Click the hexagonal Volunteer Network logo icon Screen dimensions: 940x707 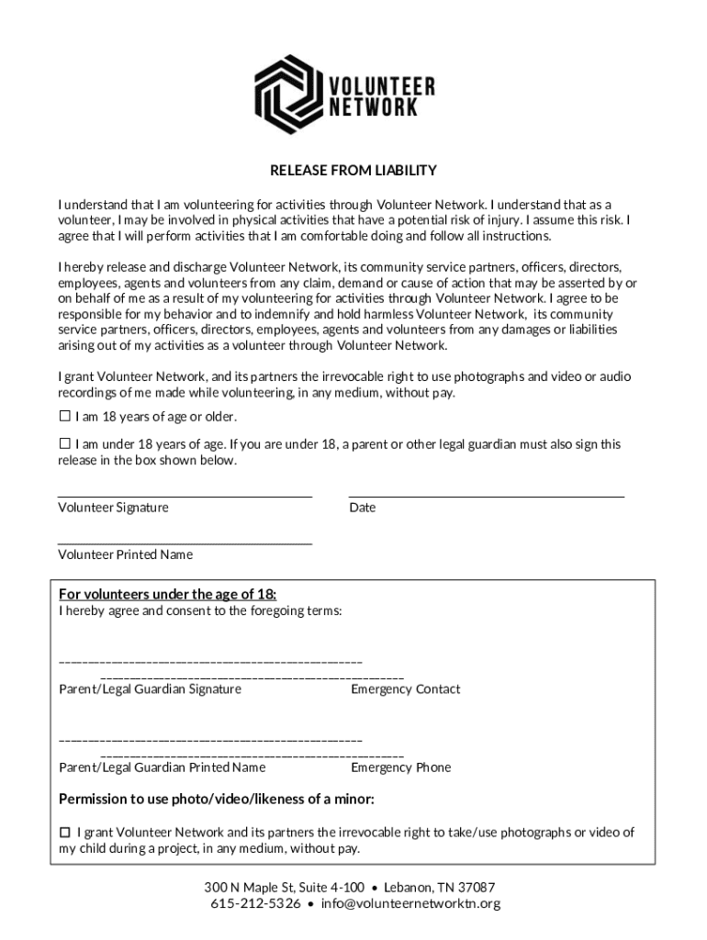point(287,95)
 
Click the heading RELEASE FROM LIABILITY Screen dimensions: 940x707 point(353,171)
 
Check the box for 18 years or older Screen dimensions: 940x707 point(65,416)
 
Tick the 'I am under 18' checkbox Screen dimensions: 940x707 point(65,443)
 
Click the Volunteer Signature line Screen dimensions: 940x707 point(185,495)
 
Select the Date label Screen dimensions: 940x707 point(362,508)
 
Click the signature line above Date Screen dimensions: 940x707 point(486,495)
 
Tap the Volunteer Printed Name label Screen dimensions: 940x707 point(126,554)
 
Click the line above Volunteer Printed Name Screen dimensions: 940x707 point(185,543)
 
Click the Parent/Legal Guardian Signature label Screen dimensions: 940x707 point(151,689)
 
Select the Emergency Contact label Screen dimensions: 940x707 point(405,689)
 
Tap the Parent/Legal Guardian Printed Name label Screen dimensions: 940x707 point(163,767)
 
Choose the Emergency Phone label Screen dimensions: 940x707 point(400,767)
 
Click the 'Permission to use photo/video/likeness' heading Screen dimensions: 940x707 point(217,799)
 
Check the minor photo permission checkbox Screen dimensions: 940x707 point(65,832)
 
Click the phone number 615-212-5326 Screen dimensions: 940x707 point(253,904)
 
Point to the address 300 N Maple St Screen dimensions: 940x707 point(284,888)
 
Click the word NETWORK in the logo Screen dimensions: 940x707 point(373,108)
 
